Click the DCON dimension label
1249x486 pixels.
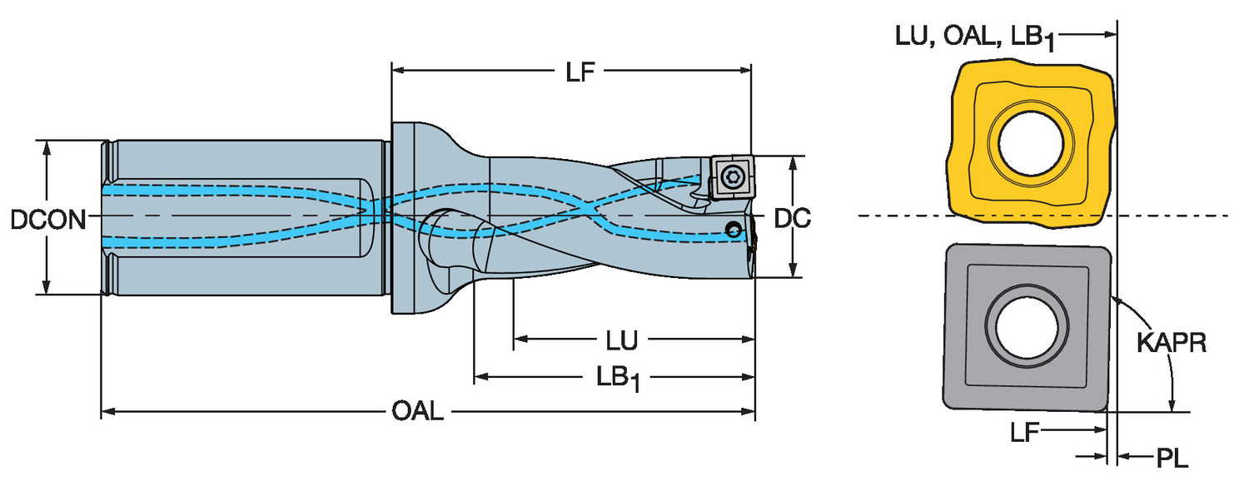tap(48, 219)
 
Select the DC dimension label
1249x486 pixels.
tap(793, 218)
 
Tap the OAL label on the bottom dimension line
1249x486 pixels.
tap(417, 411)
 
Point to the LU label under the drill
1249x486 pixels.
tap(621, 340)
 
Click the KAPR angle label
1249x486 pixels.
tap(1172, 343)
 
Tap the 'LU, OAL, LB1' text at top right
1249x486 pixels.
tap(975, 37)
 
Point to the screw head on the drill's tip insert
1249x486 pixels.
tap(733, 177)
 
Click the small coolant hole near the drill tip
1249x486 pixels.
tap(733, 230)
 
